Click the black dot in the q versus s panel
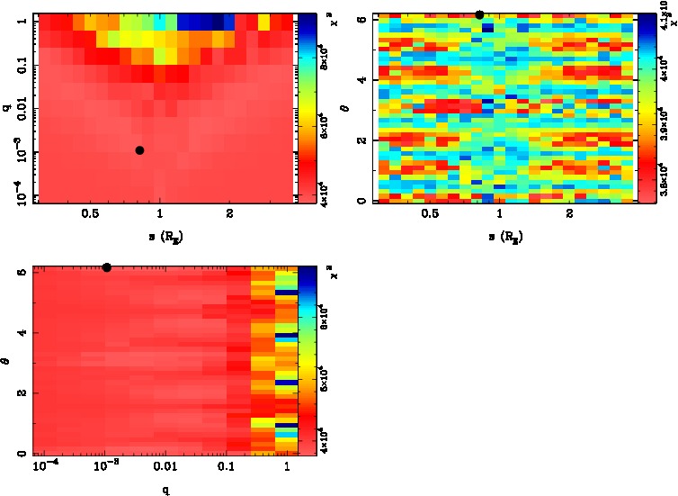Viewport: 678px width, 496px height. coord(139,150)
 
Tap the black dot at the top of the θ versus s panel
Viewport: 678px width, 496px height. coord(479,14)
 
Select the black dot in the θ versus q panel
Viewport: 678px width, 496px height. coord(107,267)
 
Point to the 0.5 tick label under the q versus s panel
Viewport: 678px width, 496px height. coord(90,214)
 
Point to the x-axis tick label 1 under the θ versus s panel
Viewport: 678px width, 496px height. coord(497,214)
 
